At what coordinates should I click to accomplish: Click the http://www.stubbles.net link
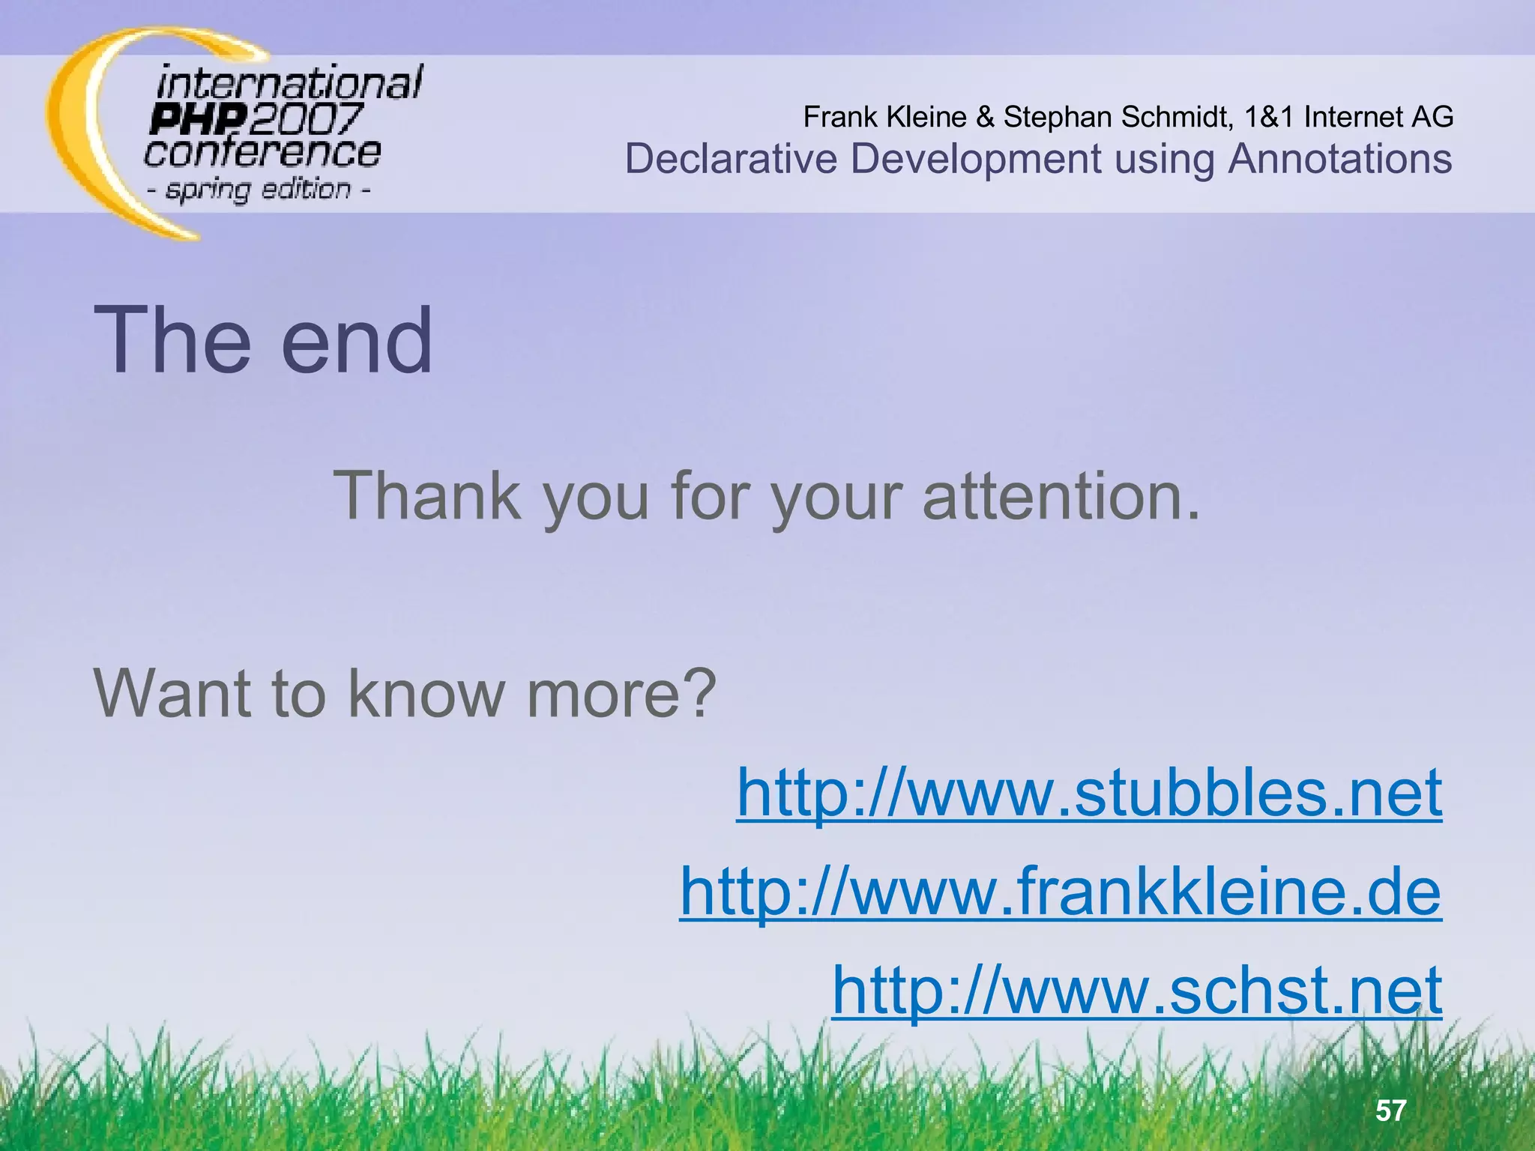click(x=1088, y=792)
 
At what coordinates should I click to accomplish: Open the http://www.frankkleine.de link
click(x=1060, y=891)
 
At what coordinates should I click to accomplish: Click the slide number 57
click(x=1390, y=1111)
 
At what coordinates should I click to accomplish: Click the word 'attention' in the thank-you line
click(x=1061, y=496)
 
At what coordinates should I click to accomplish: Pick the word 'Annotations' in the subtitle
click(x=1339, y=159)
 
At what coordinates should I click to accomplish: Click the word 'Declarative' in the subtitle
click(x=731, y=159)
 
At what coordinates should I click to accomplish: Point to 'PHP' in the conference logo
click(x=197, y=119)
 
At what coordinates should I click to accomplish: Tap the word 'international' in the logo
click(x=289, y=82)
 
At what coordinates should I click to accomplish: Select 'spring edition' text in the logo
click(x=259, y=189)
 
